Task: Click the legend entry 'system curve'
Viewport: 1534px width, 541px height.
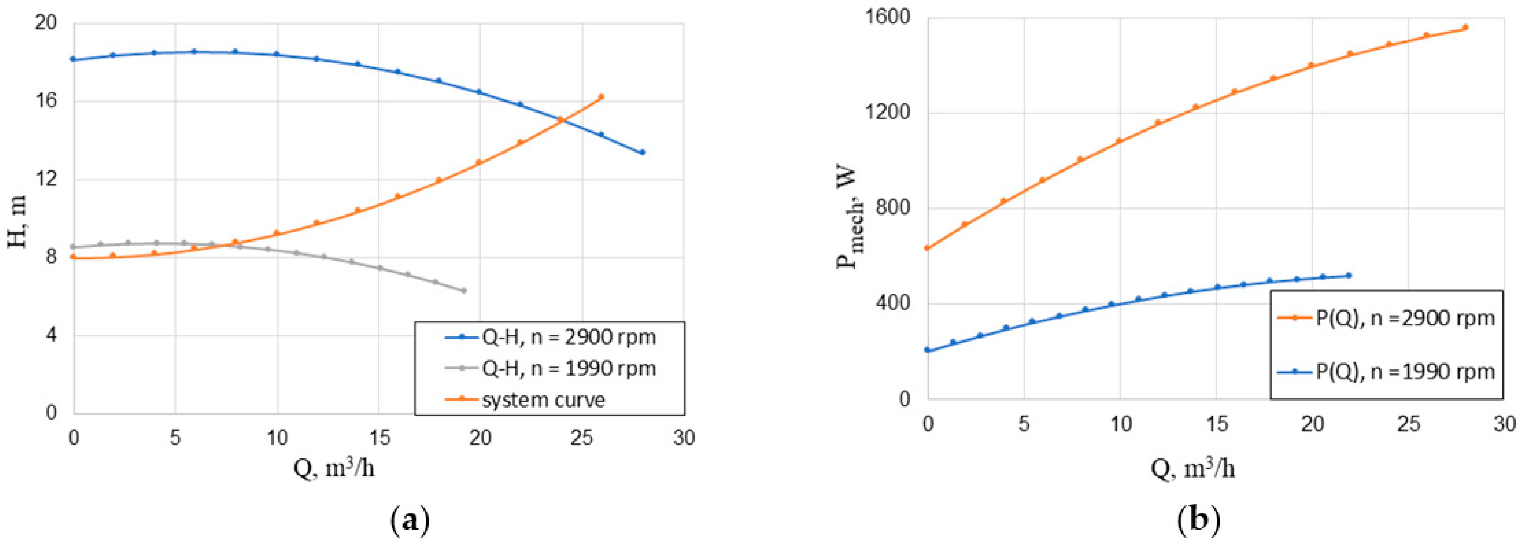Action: point(543,399)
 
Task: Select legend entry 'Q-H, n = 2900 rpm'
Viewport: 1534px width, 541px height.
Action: point(569,337)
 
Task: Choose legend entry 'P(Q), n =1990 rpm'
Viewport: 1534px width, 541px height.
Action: point(1405,372)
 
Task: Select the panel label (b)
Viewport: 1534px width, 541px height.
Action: point(1199,520)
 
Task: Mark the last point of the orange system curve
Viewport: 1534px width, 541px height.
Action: point(601,96)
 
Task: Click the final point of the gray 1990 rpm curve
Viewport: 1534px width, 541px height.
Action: point(464,291)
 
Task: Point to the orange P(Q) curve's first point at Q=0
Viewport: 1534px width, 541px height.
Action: point(927,248)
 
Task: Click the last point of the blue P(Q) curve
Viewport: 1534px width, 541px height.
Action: point(1349,275)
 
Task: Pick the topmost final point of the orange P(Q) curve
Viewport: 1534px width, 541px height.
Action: point(1465,27)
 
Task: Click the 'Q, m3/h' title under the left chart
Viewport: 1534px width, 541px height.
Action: point(334,469)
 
